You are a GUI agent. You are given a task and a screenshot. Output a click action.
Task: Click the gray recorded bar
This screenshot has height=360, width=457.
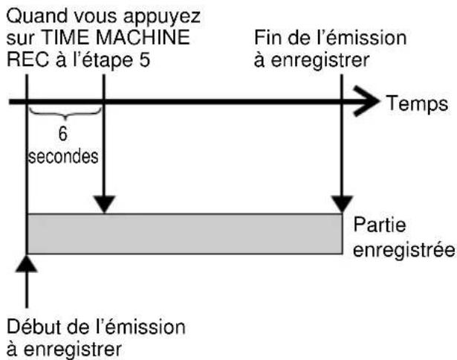click(x=184, y=232)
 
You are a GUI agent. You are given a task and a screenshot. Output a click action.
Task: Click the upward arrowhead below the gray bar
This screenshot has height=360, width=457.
click(x=27, y=261)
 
